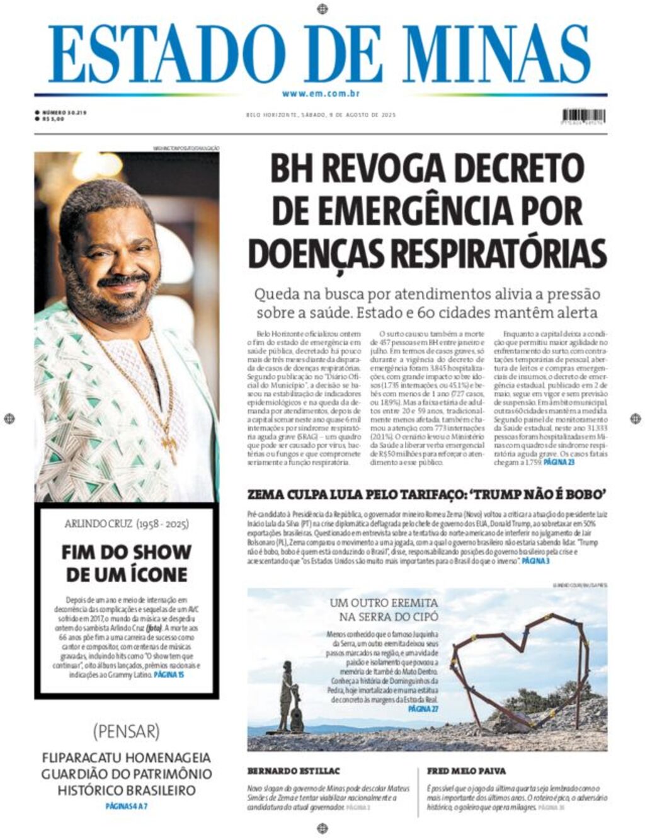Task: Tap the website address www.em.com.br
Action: [321, 94]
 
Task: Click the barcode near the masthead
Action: [583, 116]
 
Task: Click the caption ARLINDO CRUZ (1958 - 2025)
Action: [127, 524]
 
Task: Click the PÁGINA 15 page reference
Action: [169, 674]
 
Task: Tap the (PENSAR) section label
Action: [126, 732]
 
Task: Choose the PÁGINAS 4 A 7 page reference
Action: [126, 806]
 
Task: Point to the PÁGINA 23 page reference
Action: [559, 462]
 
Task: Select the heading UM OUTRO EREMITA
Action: [384, 603]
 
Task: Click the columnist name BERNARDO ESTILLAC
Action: [294, 771]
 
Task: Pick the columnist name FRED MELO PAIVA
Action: [466, 771]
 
